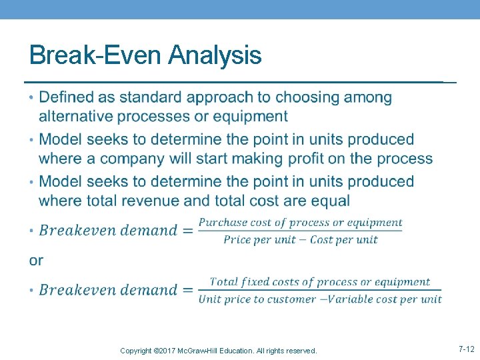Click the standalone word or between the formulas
[36, 260]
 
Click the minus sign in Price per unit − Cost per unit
[303, 239]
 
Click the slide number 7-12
[466, 349]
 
